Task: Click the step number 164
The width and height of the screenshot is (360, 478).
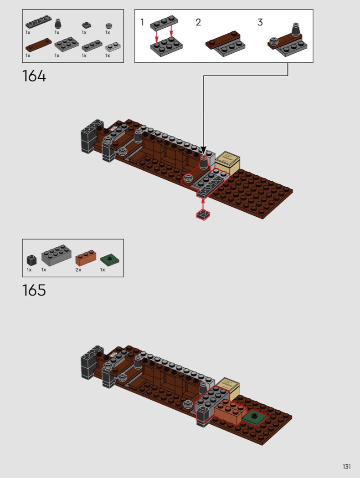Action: click(34, 76)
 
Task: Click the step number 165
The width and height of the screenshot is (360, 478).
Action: click(34, 290)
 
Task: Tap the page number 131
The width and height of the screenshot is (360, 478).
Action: click(347, 467)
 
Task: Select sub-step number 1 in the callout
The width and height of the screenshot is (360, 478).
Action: click(142, 22)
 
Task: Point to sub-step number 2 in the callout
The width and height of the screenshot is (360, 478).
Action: click(198, 22)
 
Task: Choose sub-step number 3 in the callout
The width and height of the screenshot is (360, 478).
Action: click(260, 22)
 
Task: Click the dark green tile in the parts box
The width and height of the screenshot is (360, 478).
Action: click(110, 260)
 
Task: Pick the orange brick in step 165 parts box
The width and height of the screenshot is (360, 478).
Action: click(85, 258)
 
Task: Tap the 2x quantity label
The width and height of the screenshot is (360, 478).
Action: click(78, 270)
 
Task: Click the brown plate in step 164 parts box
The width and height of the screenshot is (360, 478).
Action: click(38, 44)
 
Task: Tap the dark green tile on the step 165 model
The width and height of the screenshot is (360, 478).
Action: click(254, 417)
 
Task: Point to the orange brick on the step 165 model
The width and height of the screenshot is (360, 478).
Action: click(229, 412)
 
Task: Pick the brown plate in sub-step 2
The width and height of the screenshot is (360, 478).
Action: click(222, 40)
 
